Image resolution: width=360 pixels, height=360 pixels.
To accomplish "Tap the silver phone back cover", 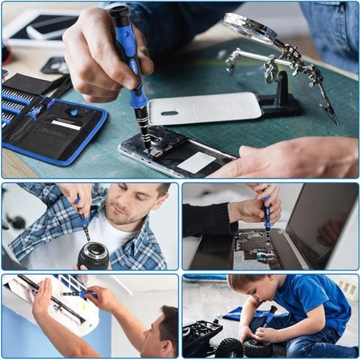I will [x=205, y=109].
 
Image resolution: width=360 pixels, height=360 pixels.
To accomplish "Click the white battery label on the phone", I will [x=197, y=163].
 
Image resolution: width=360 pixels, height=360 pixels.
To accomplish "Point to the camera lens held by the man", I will [x=94, y=254].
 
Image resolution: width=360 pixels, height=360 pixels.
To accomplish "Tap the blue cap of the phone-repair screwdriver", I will [x=119, y=12].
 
